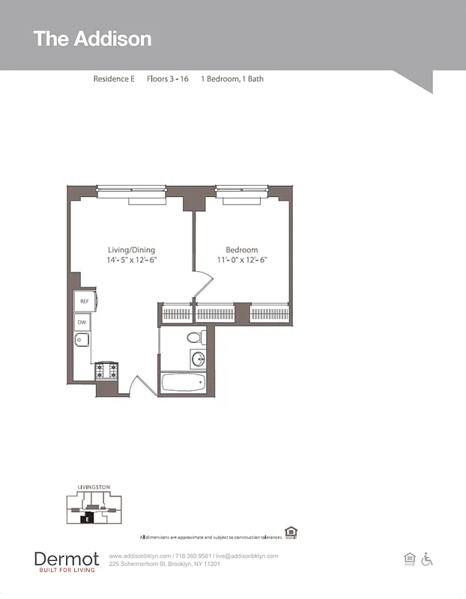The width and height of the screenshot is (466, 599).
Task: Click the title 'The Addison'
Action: [x=92, y=39]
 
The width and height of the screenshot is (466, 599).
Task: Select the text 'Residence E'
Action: [x=114, y=79]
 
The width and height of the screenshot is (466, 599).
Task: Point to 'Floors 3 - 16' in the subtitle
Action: [x=168, y=79]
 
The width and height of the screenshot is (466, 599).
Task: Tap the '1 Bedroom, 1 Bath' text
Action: [x=232, y=79]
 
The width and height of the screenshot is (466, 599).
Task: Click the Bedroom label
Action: [x=241, y=250]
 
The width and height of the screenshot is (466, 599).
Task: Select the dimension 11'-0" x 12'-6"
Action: [x=241, y=260]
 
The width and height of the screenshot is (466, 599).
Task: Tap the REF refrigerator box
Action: [x=84, y=301]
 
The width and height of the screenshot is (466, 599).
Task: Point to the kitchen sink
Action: [x=82, y=341]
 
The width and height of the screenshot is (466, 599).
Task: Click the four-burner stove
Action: [x=106, y=370]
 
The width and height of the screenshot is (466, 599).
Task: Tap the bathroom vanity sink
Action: [x=199, y=359]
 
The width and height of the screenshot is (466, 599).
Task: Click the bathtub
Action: [x=183, y=383]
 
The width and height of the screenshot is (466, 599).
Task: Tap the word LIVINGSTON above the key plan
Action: [x=94, y=487]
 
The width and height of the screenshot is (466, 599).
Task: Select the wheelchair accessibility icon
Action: [x=427, y=559]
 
